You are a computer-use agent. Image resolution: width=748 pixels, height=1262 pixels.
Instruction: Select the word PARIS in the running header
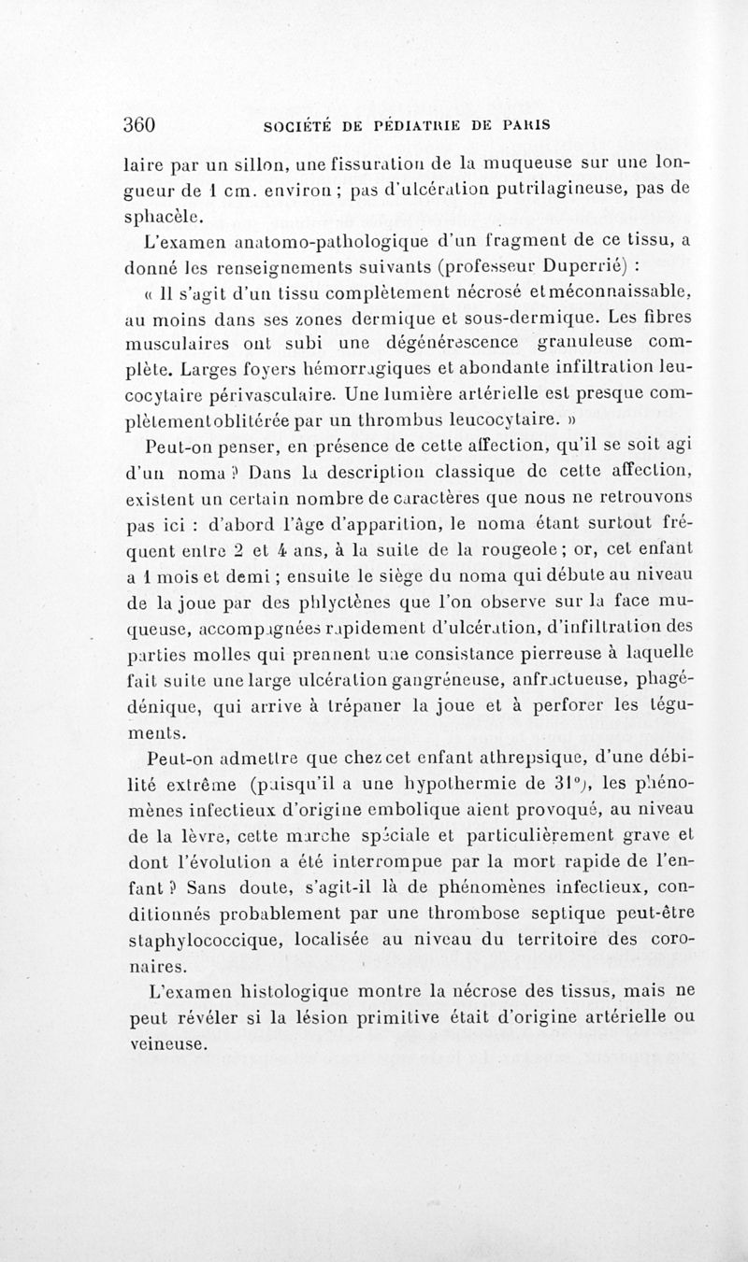[523, 124]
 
